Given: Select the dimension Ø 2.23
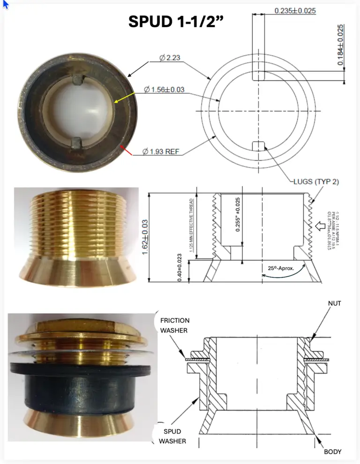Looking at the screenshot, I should click(170, 58).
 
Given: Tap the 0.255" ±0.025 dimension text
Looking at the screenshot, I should click(238, 215).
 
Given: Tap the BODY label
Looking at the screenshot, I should click(332, 452).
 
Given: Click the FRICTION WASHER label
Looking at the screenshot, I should click(175, 325).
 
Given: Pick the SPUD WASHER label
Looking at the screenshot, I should click(172, 436).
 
